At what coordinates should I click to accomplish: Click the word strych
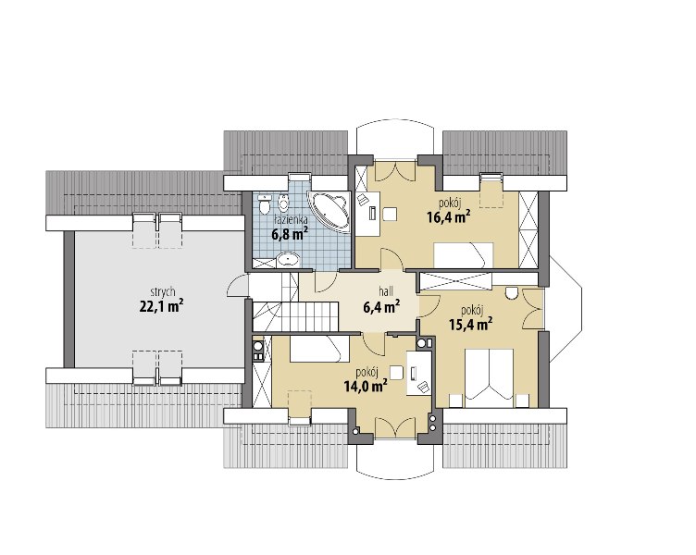click(x=163, y=292)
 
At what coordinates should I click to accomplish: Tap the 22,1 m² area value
click(x=162, y=306)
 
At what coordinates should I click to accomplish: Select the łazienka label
click(x=291, y=219)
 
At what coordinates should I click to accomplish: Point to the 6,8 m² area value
click(x=290, y=233)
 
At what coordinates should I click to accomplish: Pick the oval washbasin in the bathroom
click(x=289, y=260)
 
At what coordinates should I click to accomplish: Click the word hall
click(x=386, y=292)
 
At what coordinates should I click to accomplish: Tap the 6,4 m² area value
click(x=381, y=306)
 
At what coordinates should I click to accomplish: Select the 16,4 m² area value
click(x=449, y=217)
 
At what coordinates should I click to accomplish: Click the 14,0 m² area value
click(x=365, y=386)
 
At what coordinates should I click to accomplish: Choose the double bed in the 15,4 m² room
click(x=489, y=377)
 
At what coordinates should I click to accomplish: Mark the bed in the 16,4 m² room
click(x=464, y=254)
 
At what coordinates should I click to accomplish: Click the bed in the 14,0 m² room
click(x=318, y=349)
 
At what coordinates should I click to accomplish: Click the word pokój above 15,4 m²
click(x=472, y=310)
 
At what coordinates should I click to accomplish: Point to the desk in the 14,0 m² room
click(x=419, y=373)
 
